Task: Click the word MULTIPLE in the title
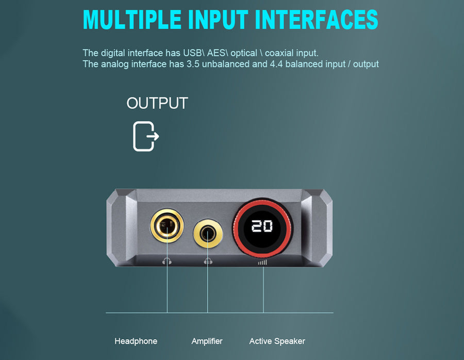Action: [x=132, y=20]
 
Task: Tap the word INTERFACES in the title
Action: [x=316, y=20]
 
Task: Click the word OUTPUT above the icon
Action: [x=157, y=103]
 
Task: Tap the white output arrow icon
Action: [x=145, y=136]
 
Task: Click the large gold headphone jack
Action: [x=167, y=225]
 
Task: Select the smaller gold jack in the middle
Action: [x=208, y=233]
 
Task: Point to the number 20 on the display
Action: [x=262, y=226]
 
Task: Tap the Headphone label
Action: [x=136, y=341]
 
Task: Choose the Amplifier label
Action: [x=207, y=341]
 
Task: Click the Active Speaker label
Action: [x=277, y=341]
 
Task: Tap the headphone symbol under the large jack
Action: [x=167, y=261]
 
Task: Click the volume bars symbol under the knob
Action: [x=262, y=263]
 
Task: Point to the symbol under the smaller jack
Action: [x=208, y=261]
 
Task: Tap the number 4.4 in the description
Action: [x=276, y=64]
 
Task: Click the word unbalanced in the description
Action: [x=225, y=64]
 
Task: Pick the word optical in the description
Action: [x=243, y=53]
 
